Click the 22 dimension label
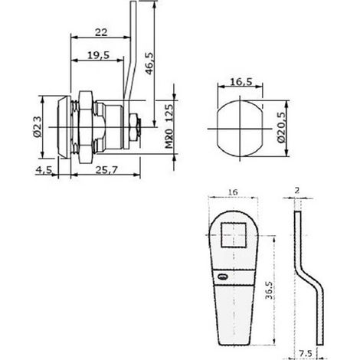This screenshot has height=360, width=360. pyautogui.click(x=101, y=32)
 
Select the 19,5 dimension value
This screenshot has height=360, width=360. pyautogui.click(x=99, y=55)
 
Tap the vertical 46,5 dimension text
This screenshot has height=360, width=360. pyautogui.click(x=149, y=64)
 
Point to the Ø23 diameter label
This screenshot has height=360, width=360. pyautogui.click(x=38, y=126)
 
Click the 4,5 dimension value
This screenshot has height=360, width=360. pyautogui.click(x=44, y=169)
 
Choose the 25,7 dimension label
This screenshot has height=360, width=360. pyautogui.click(x=106, y=169)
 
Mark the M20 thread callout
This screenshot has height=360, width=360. pyautogui.click(x=169, y=139)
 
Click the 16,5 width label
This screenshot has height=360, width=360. pyautogui.click(x=241, y=82)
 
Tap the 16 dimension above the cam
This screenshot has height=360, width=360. pyautogui.click(x=233, y=192)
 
